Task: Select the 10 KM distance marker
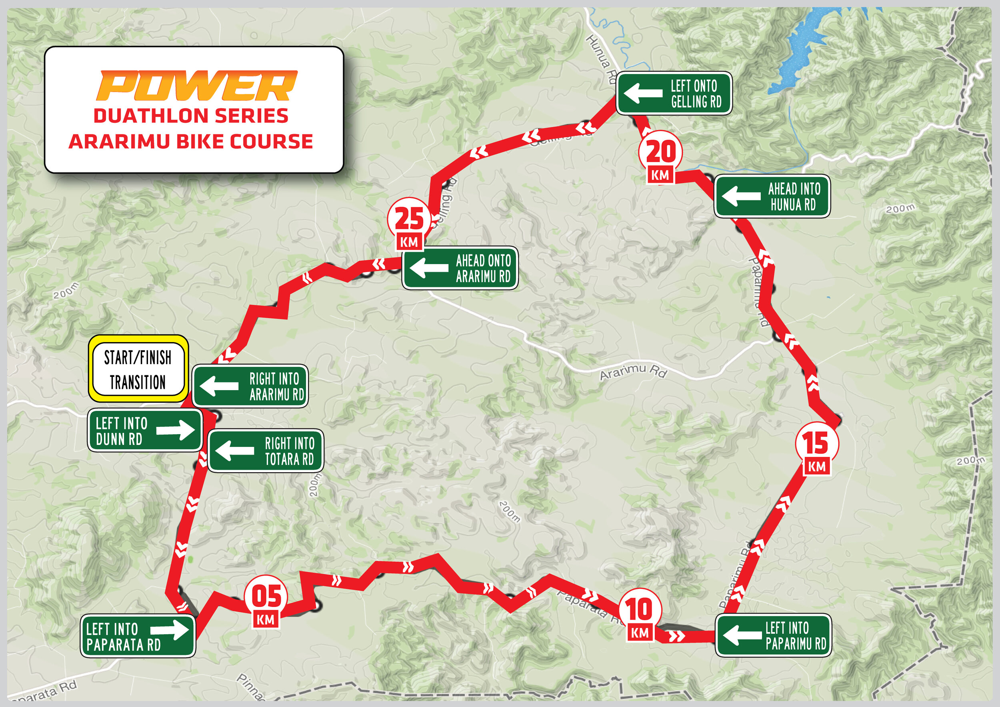pyautogui.click(x=640, y=615)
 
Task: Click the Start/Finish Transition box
pyautogui.click(x=138, y=369)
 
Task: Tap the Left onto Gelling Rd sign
pyautogui.click(x=674, y=93)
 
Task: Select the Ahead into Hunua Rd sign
pyautogui.click(x=772, y=196)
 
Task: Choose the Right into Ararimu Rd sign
pyautogui.click(x=250, y=386)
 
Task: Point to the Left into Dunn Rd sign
pyautogui.click(x=144, y=430)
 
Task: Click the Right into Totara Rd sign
pyautogui.click(x=266, y=451)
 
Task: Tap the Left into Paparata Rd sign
pyautogui.click(x=138, y=636)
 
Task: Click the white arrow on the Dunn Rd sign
pyautogui.click(x=176, y=429)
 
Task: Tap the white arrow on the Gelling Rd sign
pyautogui.click(x=643, y=93)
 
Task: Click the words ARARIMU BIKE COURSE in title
pyautogui.click(x=191, y=142)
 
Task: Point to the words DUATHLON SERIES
pyautogui.click(x=191, y=116)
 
